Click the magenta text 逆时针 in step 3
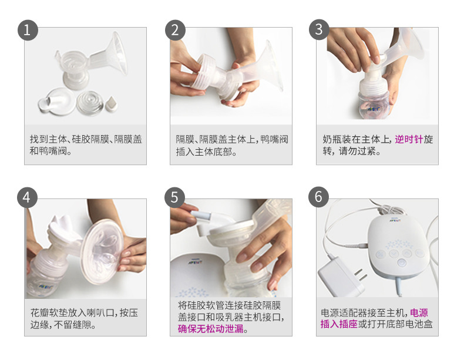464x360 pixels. (408, 140)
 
